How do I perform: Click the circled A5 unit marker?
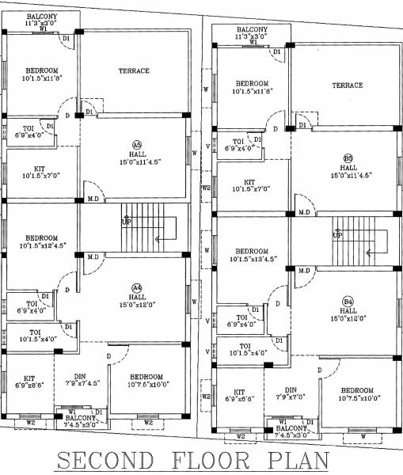click(x=137, y=145)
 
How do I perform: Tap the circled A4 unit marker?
click(x=137, y=287)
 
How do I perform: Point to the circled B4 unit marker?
click(x=348, y=301)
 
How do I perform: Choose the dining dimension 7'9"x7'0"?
click(x=291, y=399)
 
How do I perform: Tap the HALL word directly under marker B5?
click(x=348, y=167)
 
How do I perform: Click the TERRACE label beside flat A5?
click(x=134, y=71)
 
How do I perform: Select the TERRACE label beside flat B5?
click(x=347, y=85)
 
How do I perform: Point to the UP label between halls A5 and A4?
click(x=125, y=222)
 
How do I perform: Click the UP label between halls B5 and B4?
click(x=337, y=235)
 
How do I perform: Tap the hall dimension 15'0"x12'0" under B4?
click(x=348, y=319)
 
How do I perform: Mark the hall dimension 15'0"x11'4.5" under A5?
click(x=137, y=163)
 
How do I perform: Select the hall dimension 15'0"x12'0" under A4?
click(x=137, y=305)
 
